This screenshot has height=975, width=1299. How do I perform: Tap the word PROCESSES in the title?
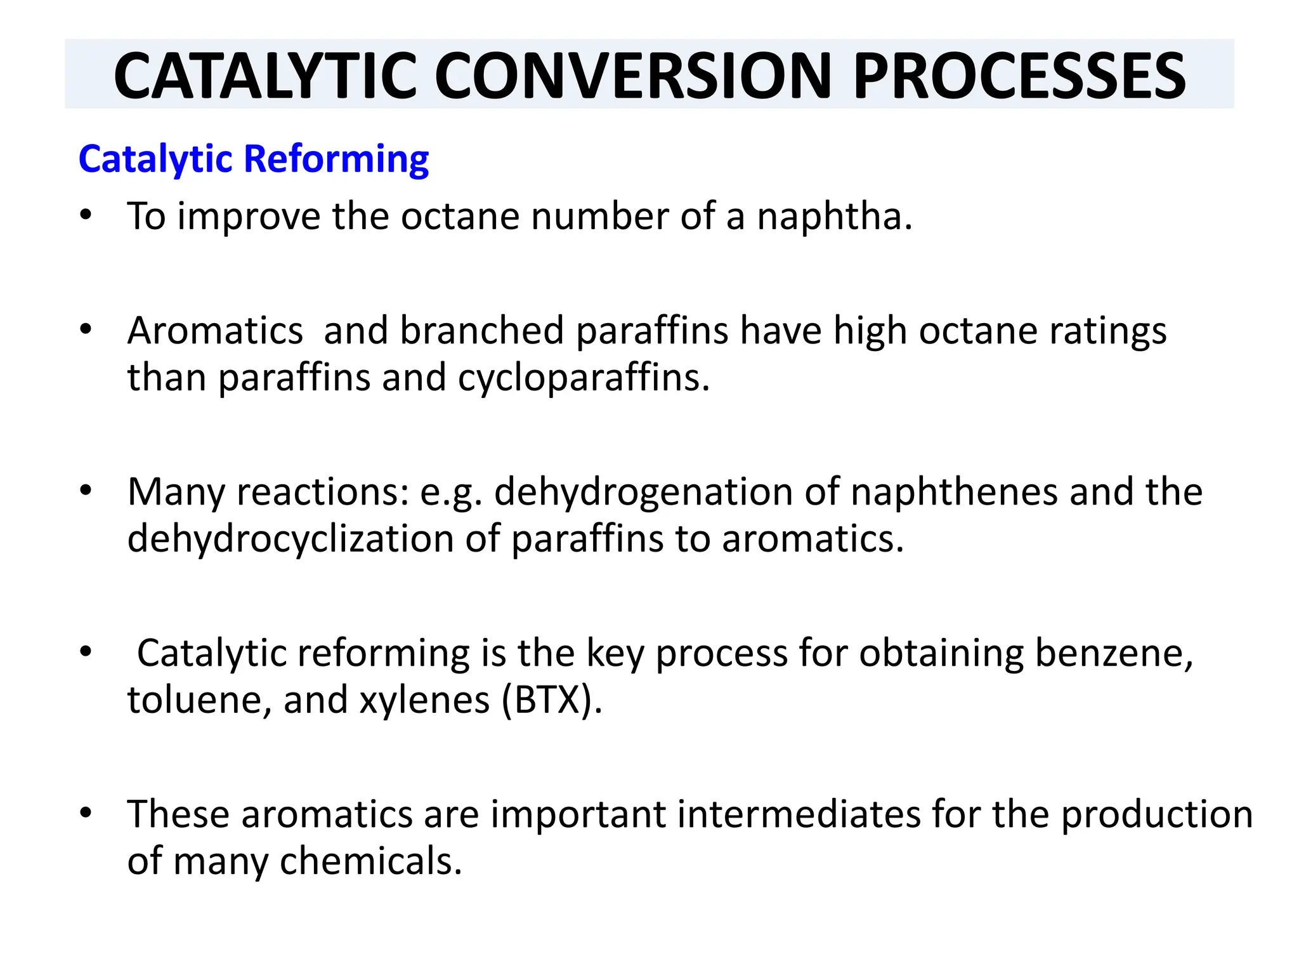[1019, 76]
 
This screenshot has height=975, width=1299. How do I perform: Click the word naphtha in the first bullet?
[834, 216]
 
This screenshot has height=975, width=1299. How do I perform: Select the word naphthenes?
[954, 492]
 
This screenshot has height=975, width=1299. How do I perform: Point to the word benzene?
[1114, 654]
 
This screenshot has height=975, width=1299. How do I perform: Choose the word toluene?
[199, 700]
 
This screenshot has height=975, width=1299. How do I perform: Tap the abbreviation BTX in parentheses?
[550, 700]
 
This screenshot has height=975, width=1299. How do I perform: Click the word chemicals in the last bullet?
[370, 861]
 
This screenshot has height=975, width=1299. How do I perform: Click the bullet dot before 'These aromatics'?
[86, 813]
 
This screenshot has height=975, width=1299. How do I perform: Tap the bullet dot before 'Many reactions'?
[86, 491]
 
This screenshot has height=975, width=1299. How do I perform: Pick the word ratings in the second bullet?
[1108, 332]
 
